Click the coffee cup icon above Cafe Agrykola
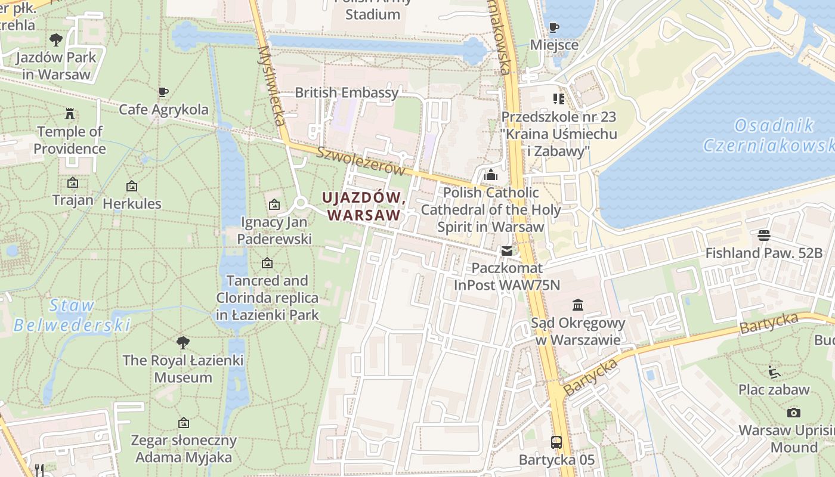(x=163, y=92)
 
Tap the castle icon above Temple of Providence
(x=70, y=113)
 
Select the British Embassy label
(x=346, y=92)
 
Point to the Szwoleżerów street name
(x=360, y=161)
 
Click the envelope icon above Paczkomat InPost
(x=506, y=251)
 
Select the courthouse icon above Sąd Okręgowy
(x=577, y=305)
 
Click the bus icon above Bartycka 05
(x=556, y=442)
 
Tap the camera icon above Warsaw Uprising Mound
(x=793, y=413)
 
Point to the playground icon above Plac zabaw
(x=774, y=372)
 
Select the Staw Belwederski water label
(x=72, y=315)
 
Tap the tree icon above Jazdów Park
(x=56, y=40)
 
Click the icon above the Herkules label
(x=132, y=186)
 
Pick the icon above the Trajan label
(x=73, y=182)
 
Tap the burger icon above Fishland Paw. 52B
(x=763, y=235)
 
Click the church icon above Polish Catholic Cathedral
(x=491, y=175)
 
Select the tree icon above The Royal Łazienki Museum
(x=183, y=343)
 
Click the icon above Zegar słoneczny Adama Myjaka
(x=184, y=423)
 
